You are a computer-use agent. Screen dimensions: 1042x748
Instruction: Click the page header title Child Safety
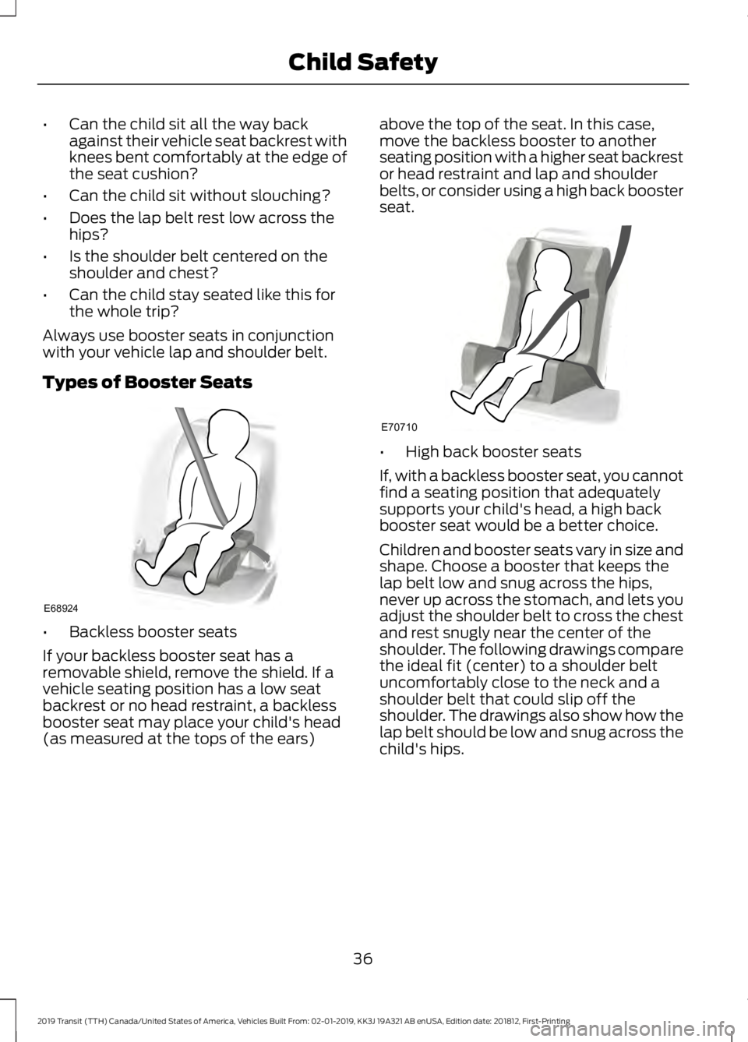pyautogui.click(x=362, y=62)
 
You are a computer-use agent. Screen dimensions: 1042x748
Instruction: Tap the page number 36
pyautogui.click(x=362, y=958)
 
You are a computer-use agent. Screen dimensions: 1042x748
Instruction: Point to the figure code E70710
pyautogui.click(x=399, y=427)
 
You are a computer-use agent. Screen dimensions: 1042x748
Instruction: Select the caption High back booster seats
pyautogui.click(x=492, y=451)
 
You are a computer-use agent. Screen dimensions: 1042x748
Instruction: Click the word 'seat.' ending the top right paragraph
pyautogui.click(x=396, y=208)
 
